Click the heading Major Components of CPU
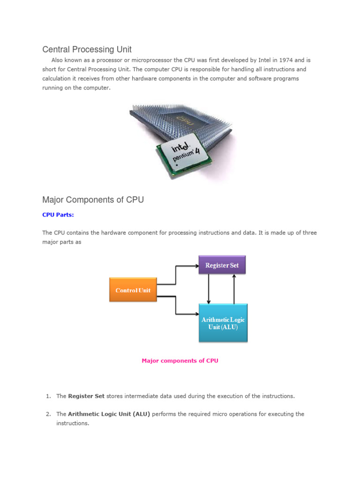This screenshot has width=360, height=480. coord(93,200)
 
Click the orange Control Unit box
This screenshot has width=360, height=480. coord(133,290)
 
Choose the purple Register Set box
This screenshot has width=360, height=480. coord(222,265)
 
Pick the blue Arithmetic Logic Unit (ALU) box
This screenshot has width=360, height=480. coord(223,323)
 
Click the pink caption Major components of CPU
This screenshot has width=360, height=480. coord(180,360)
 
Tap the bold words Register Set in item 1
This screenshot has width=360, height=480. coord(86,396)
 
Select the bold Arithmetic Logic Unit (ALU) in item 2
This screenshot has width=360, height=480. coord(109,414)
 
